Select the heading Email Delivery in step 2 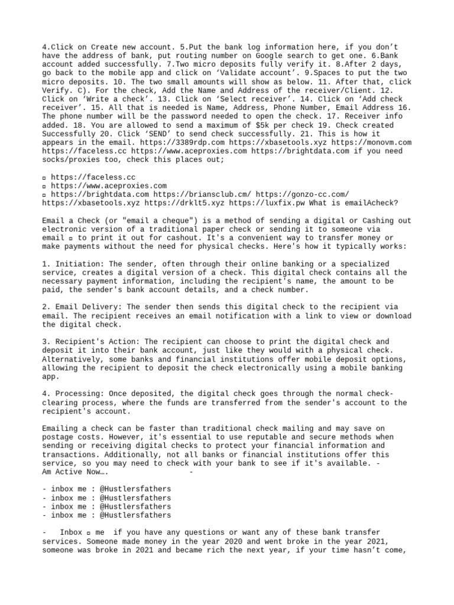tap(85, 307)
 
